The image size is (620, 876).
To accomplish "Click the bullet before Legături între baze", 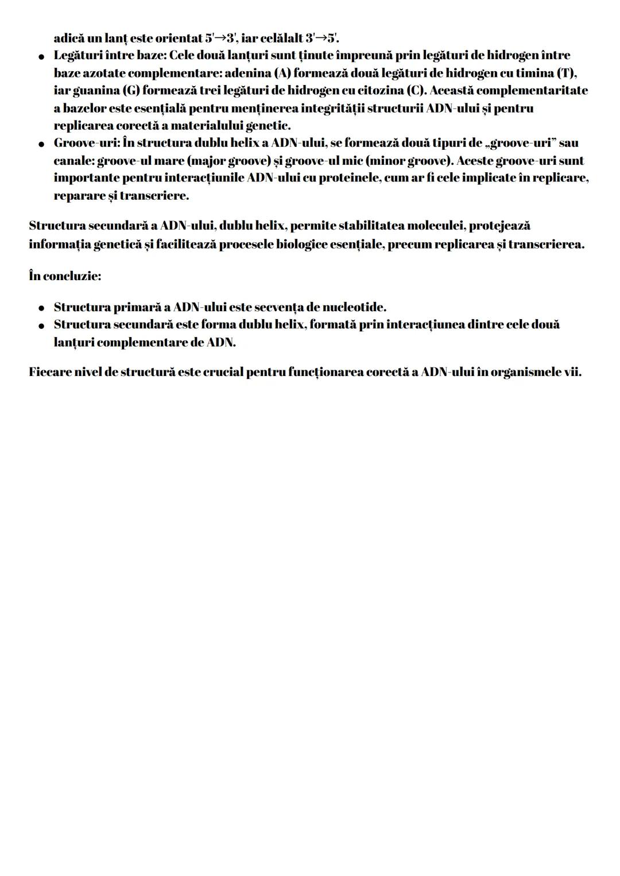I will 41,56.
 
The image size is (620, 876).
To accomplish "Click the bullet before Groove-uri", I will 41,144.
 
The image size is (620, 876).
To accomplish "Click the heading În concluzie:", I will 65,276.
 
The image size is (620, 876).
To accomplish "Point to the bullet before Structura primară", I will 41,308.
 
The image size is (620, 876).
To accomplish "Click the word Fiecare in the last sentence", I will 50,371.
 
